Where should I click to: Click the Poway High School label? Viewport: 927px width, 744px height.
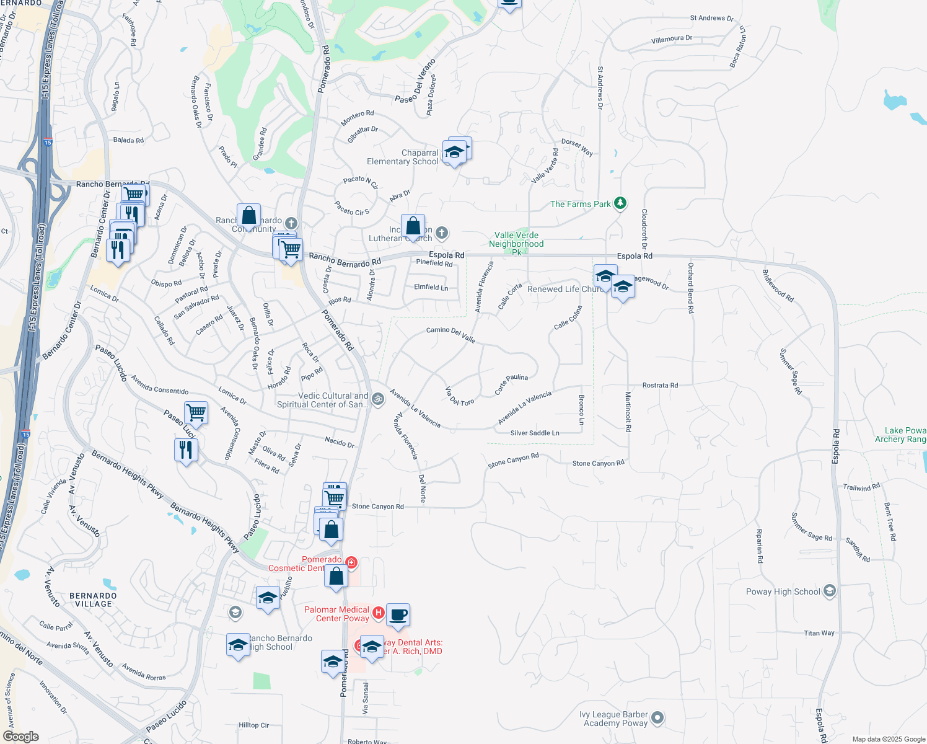tap(783, 591)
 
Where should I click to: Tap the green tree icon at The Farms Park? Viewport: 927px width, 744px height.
tap(620, 203)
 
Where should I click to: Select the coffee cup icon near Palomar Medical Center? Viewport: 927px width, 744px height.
tap(398, 615)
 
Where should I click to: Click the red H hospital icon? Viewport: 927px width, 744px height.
tap(379, 613)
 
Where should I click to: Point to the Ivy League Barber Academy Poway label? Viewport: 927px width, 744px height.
tap(613, 719)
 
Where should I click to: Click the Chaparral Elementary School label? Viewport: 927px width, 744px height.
tap(403, 157)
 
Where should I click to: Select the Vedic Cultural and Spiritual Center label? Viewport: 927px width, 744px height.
tap(322, 400)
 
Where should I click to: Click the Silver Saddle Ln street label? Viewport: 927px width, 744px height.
tap(535, 433)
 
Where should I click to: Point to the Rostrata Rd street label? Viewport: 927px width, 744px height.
tap(660, 385)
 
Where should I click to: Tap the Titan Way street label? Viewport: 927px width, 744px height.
tap(819, 633)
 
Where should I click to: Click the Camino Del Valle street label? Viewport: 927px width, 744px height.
tap(450, 334)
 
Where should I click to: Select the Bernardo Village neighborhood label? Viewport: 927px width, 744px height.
tap(93, 600)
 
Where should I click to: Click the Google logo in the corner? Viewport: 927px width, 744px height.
tap(20, 737)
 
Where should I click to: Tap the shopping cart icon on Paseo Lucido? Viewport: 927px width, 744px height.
tap(196, 412)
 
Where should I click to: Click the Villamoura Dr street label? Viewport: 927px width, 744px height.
tap(672, 40)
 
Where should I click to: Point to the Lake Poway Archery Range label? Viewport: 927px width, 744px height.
tap(902, 435)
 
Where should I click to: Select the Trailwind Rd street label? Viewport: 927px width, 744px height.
tap(861, 487)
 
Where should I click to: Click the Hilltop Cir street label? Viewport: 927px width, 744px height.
tap(254, 725)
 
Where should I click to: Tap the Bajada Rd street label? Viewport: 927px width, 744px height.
tap(128, 140)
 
